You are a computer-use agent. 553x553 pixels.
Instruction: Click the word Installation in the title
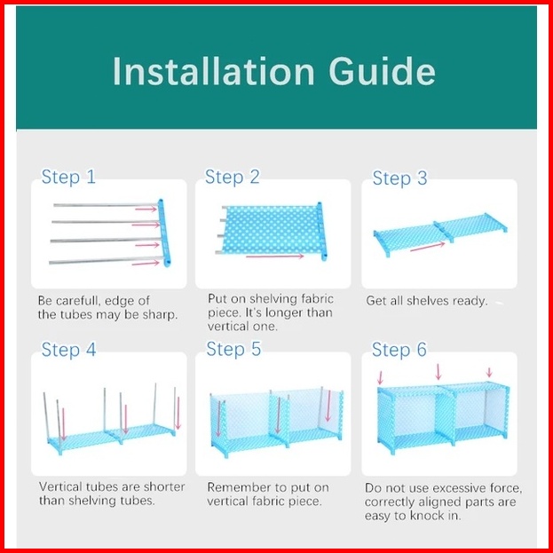[213, 71]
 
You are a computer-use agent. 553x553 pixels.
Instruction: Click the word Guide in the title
[382, 71]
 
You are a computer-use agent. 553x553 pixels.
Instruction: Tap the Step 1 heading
[68, 177]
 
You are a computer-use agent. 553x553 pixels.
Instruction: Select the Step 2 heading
[232, 177]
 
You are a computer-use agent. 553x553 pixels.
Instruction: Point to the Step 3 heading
[399, 178]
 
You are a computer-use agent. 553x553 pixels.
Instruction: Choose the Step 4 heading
[68, 350]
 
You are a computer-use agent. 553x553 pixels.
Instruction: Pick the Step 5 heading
[233, 349]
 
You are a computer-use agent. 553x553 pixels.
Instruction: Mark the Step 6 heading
[399, 350]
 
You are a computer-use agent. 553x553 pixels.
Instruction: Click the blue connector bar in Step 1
[165, 233]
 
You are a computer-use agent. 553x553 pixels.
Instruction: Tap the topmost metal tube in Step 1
[106, 205]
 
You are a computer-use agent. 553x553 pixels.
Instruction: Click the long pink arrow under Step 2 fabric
[275, 256]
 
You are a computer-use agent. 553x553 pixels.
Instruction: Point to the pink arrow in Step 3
[428, 247]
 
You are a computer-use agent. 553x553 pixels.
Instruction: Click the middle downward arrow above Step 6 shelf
[438, 372]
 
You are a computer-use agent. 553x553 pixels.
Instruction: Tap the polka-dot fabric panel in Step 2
[272, 230]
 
